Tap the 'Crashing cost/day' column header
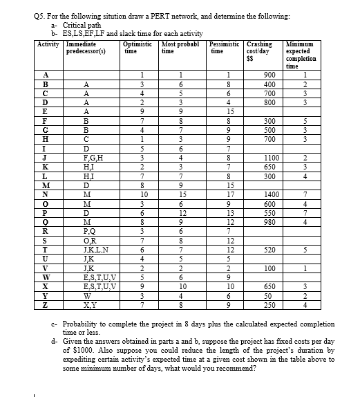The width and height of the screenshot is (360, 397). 260,51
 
